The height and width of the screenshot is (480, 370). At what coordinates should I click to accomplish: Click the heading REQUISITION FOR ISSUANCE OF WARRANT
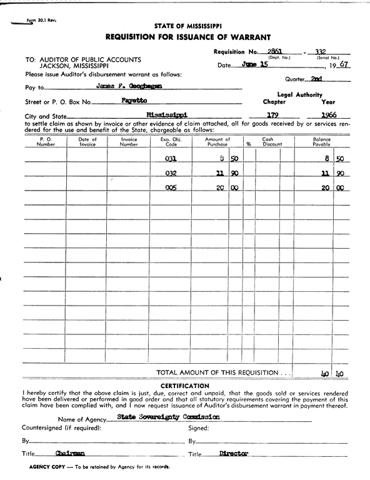(x=187, y=37)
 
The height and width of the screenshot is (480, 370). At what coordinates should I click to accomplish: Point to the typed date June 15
(x=254, y=64)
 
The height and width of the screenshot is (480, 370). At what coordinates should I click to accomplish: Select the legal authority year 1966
(x=328, y=115)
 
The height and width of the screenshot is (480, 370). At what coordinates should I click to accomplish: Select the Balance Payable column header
(x=322, y=142)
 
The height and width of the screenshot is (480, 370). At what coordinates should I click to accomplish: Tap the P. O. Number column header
(x=46, y=142)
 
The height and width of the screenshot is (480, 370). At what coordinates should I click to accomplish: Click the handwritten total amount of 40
(x=325, y=374)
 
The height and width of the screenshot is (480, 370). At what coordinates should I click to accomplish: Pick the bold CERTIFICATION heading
(x=185, y=386)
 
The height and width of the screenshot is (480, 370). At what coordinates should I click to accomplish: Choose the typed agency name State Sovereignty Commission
(x=169, y=416)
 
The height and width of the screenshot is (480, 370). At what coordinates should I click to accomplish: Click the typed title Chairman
(x=70, y=454)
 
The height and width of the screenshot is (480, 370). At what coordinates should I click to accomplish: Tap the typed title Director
(x=234, y=454)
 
